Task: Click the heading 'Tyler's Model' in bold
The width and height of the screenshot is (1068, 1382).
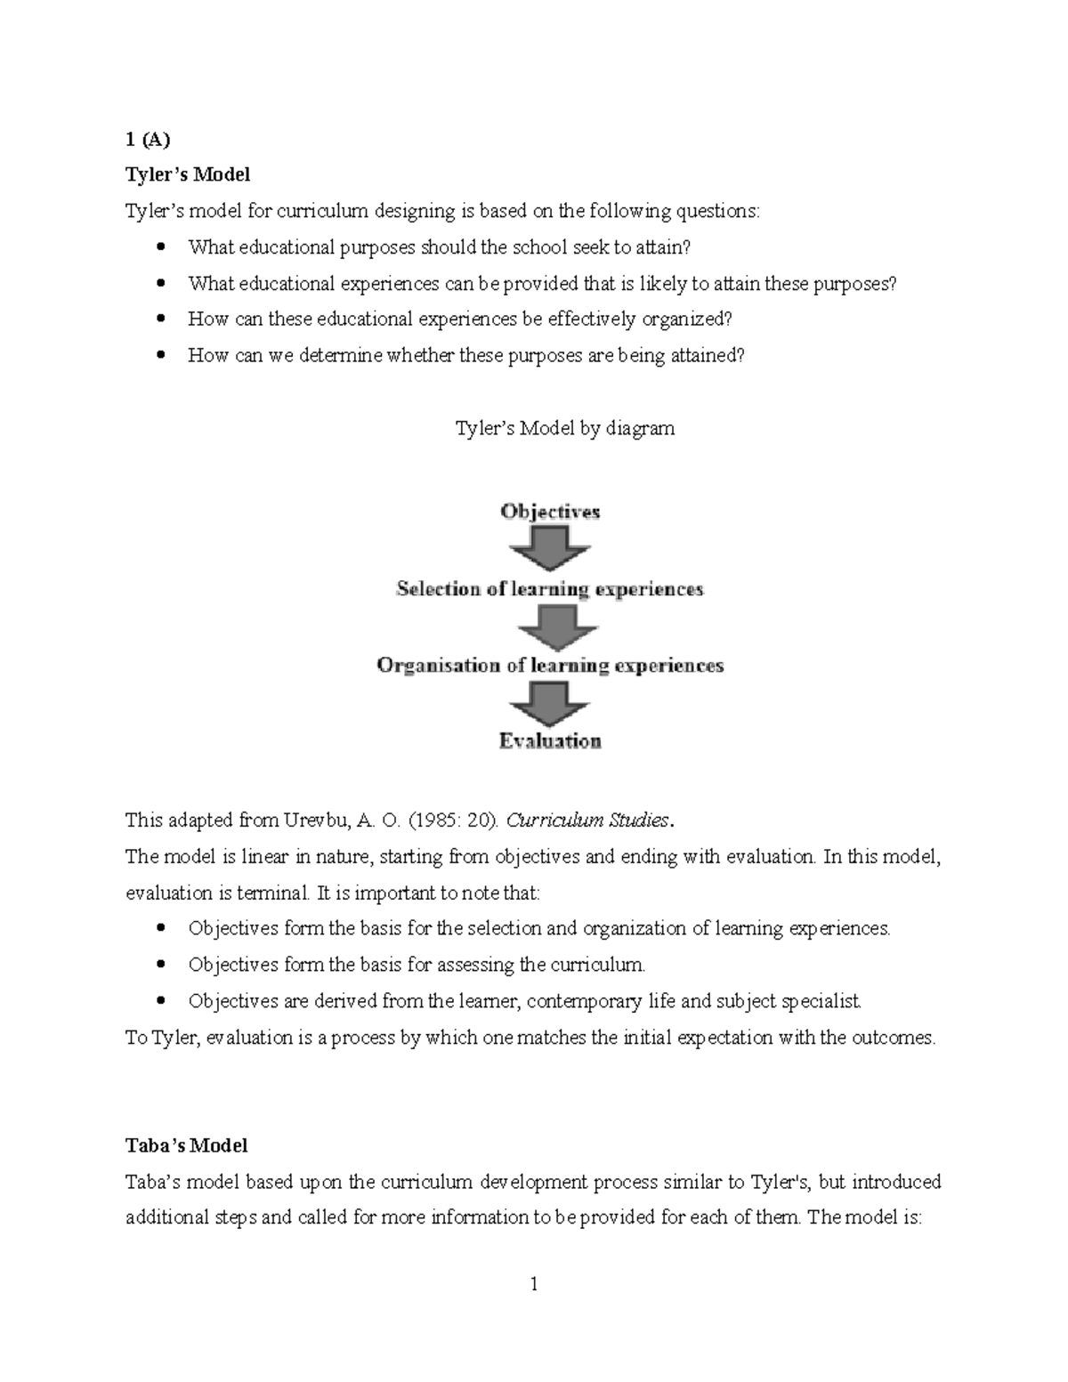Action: pos(187,174)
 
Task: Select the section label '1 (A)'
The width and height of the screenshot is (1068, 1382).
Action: pos(147,139)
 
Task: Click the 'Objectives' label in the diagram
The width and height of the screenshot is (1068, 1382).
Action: pos(550,512)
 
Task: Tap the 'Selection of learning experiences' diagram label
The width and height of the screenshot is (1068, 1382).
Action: pos(550,589)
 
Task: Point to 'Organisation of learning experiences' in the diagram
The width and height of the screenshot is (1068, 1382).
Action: pos(550,666)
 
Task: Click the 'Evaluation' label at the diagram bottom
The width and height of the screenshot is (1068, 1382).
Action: pos(550,741)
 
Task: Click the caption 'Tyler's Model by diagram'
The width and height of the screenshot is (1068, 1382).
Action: pos(564,428)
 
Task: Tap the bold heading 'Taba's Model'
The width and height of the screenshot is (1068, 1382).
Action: pos(186,1145)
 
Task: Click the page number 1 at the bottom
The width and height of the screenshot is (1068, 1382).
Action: pos(534,1284)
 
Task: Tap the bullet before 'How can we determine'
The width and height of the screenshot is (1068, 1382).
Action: pos(161,355)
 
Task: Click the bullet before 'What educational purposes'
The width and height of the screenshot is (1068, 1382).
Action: pos(161,246)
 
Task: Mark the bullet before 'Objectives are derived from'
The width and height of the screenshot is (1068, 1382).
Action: pos(161,1001)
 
